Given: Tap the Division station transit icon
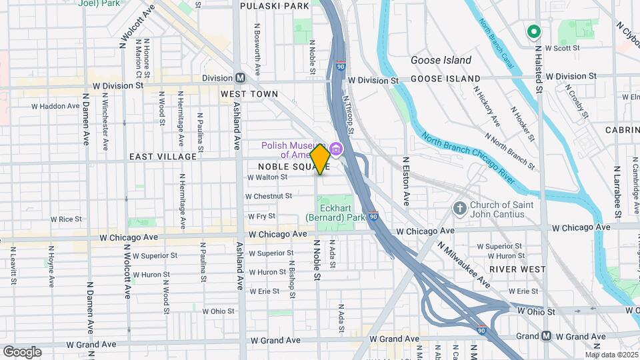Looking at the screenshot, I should (x=240, y=77).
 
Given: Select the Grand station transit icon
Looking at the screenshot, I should (x=546, y=335).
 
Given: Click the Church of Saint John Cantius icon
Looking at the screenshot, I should (x=459, y=209).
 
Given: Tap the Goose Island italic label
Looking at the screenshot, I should (x=441, y=60).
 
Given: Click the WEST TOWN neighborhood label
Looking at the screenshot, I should (x=249, y=94).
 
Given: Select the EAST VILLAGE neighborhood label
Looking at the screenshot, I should (x=163, y=157).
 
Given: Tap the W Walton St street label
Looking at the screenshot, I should (x=267, y=177).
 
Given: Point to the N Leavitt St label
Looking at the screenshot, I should (x=12, y=265).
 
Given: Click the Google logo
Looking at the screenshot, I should (x=22, y=351).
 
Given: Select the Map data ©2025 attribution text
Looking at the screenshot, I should (x=611, y=355).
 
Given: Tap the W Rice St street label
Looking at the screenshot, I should (x=70, y=219).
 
